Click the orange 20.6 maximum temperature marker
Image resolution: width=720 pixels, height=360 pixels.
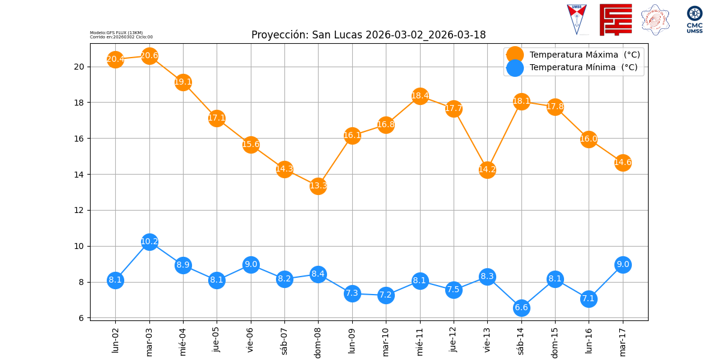[149, 56]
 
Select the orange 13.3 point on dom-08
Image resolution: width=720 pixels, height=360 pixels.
[318, 185]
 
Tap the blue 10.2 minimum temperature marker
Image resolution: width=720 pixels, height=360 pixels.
[149, 242]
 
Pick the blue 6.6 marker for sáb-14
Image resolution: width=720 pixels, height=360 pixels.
[521, 308]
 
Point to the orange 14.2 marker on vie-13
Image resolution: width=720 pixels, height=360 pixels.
[487, 169]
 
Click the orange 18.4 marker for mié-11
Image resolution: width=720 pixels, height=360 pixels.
[420, 95]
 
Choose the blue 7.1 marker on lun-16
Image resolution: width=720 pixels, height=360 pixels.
[589, 298]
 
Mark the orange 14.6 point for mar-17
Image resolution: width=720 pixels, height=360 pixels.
[623, 162]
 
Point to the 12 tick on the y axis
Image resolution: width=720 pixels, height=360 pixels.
[79, 211]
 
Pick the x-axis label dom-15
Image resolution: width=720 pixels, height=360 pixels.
[555, 340]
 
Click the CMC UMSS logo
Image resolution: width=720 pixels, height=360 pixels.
[695, 19]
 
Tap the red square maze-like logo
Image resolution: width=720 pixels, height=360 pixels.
[616, 19]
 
